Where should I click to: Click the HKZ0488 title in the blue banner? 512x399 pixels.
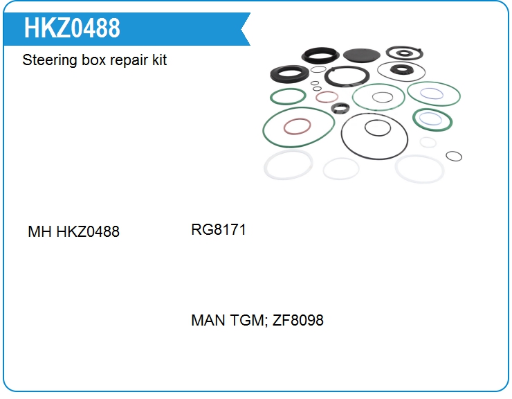coord(72,28)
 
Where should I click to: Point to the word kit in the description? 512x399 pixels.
coord(160,60)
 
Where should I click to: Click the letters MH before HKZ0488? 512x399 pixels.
coord(39,231)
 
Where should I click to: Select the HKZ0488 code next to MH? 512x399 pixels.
coord(88,231)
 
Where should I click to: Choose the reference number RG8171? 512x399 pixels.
coord(219,229)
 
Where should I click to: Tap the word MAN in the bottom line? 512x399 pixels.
coord(208,320)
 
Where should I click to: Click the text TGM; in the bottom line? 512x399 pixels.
coord(249,321)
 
